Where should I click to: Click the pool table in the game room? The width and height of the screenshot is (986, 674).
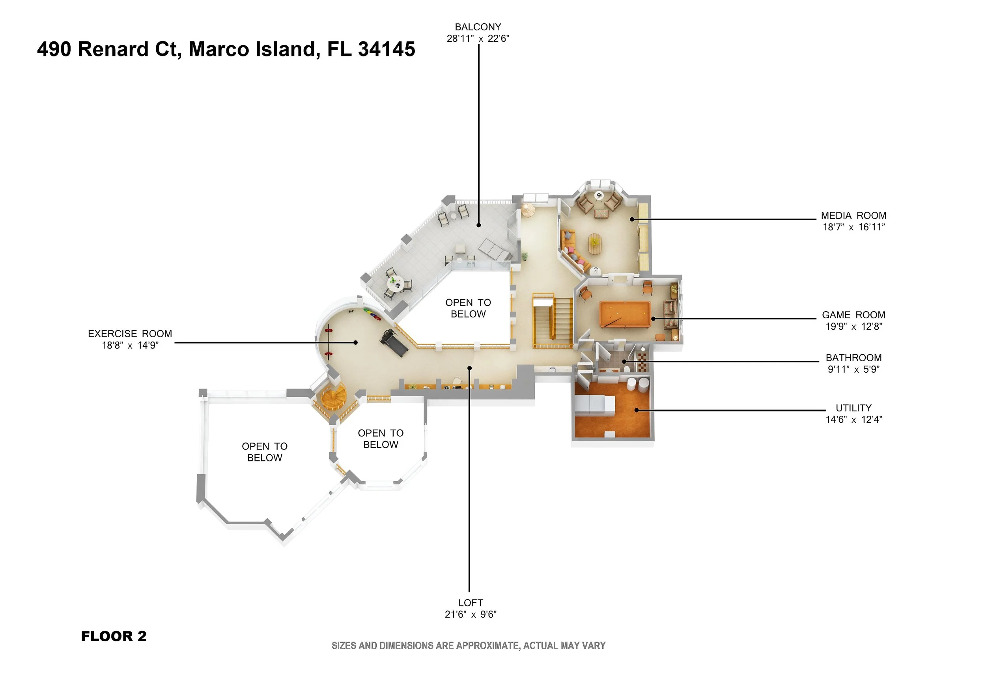click(625, 314)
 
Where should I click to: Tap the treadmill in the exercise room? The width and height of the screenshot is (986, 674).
click(394, 342)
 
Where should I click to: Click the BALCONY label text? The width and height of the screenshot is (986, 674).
click(478, 27)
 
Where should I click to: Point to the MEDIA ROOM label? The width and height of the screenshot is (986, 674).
click(853, 215)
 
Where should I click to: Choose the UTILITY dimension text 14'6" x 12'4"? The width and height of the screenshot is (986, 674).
click(853, 420)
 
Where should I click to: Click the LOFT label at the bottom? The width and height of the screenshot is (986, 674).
click(471, 603)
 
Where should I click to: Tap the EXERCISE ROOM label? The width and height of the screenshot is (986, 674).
click(130, 334)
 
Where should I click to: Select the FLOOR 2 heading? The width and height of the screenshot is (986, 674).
click(114, 636)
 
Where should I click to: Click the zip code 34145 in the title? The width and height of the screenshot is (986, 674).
click(387, 49)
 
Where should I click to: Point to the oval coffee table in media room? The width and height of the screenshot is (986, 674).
click(594, 244)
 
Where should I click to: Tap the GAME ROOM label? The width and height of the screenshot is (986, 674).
click(853, 315)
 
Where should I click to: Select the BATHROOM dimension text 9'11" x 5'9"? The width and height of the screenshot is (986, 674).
click(853, 370)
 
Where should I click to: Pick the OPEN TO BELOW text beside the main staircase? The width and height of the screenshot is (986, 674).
click(468, 308)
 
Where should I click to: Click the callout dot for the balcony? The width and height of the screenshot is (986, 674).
click(478, 225)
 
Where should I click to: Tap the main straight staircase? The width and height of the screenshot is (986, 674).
click(553, 320)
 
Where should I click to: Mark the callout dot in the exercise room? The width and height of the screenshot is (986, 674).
click(356, 342)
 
